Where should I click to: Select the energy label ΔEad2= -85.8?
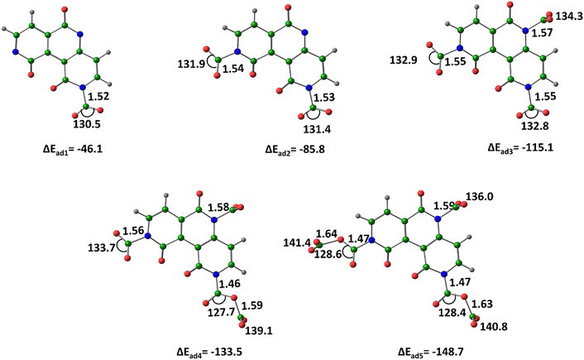(295, 150)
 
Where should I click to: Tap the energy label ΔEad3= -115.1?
(520, 148)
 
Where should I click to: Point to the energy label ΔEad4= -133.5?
(209, 352)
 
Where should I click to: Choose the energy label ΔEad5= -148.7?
(430, 352)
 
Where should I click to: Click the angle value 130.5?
(86, 124)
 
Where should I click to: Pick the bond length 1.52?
(98, 97)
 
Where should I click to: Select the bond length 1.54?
(233, 69)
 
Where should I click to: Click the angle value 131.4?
(317, 129)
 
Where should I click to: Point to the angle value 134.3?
(569, 17)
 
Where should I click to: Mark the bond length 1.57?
(543, 33)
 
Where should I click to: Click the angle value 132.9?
(404, 60)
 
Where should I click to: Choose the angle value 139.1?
(258, 330)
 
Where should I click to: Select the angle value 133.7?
(102, 247)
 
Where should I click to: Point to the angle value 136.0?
(480, 196)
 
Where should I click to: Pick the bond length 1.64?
(327, 234)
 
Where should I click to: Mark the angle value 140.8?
(494, 327)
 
